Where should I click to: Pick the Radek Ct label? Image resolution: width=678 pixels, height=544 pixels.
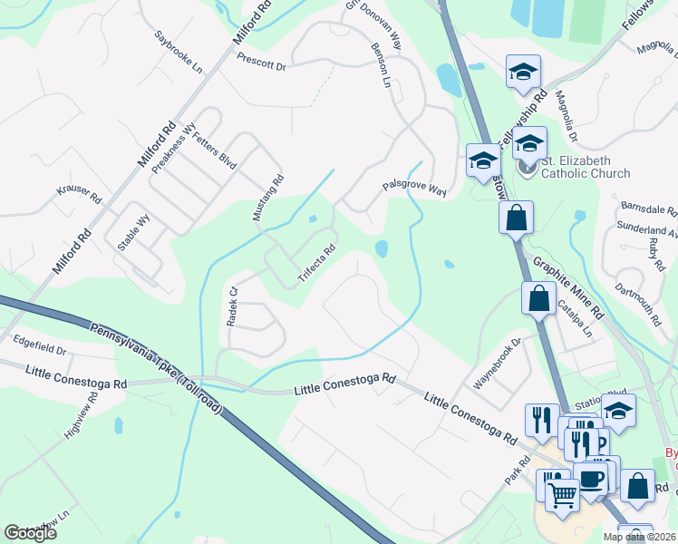pos(231,306)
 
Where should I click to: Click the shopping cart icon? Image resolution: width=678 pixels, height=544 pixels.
pos(562,493)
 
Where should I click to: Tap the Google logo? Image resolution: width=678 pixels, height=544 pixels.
pos(30,532)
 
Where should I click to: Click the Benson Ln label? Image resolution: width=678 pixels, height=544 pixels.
pos(381,66)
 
